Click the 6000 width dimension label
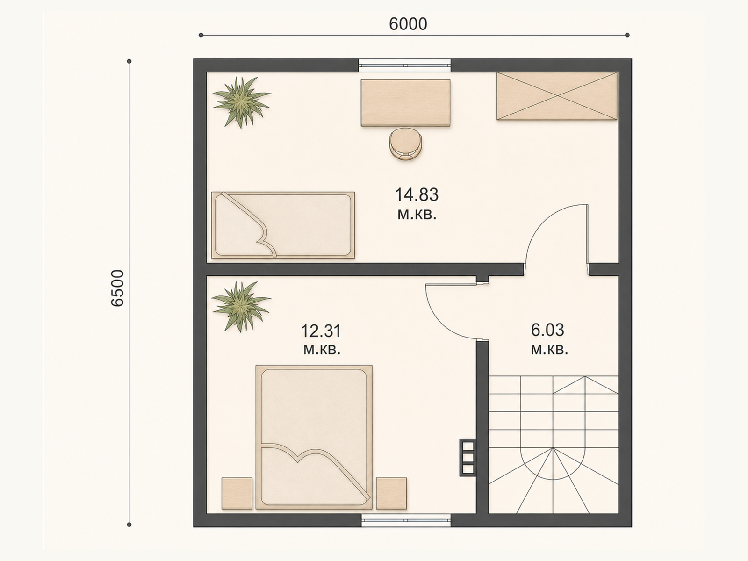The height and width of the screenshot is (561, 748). coord(408,24)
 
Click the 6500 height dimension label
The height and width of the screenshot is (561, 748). coord(118,288)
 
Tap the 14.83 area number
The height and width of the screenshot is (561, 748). coord(417,195)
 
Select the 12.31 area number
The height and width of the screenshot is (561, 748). coord(321,331)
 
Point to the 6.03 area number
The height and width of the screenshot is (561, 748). coord(547,330)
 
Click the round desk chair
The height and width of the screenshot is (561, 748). coord(405,144)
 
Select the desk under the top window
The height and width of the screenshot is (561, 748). coord(405,103)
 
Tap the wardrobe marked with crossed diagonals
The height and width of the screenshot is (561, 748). coord(557,96)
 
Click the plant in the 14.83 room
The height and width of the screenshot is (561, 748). coord(241,101)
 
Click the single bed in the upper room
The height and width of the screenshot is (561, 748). coord(283,225)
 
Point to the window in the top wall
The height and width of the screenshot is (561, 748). coord(404,65)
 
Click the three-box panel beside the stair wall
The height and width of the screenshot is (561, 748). coord(467,457)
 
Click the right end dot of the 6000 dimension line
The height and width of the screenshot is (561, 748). coord(627,35)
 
